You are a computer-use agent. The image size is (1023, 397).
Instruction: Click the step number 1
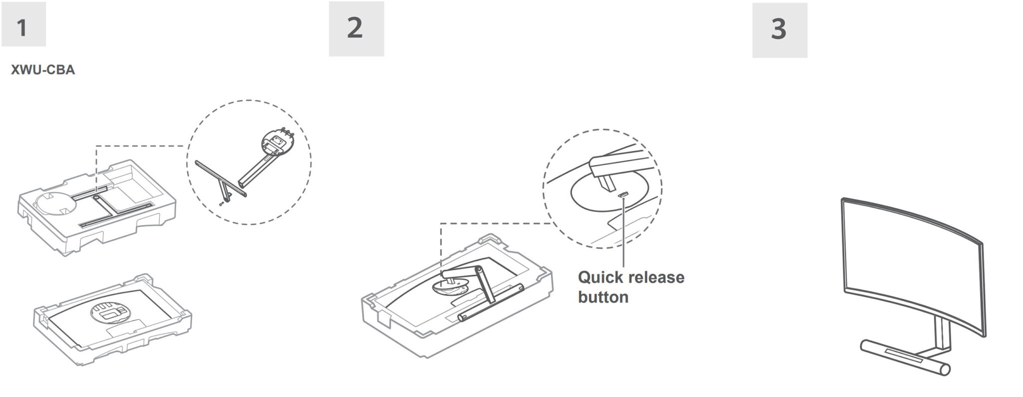pyautogui.click(x=21, y=28)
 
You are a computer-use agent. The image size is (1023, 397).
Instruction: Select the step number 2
pyautogui.click(x=355, y=28)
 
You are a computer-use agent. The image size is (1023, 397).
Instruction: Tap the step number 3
pyautogui.click(x=779, y=29)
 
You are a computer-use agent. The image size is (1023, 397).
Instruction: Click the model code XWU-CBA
pyautogui.click(x=43, y=70)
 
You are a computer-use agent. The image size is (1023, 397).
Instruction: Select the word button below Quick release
pyautogui.click(x=603, y=297)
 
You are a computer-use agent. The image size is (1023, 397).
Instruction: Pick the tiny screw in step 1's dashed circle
pyautogui.click(x=221, y=204)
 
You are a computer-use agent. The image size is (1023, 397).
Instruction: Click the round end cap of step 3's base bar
pyautogui.click(x=944, y=370)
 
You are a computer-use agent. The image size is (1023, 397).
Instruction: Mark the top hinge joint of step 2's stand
pyautogui.click(x=479, y=270)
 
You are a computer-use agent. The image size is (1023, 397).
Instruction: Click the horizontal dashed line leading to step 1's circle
pyautogui.click(x=141, y=146)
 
